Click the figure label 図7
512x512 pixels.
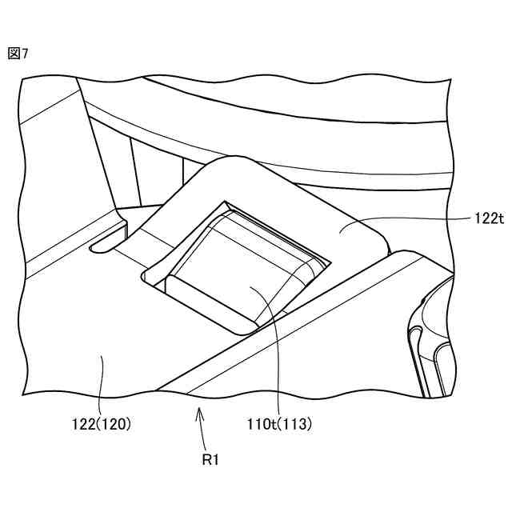(x=18, y=53)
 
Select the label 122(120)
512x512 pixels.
(x=100, y=425)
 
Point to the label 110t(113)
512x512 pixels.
(x=278, y=425)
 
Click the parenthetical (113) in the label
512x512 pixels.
(x=295, y=425)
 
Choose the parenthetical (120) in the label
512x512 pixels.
(x=116, y=425)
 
